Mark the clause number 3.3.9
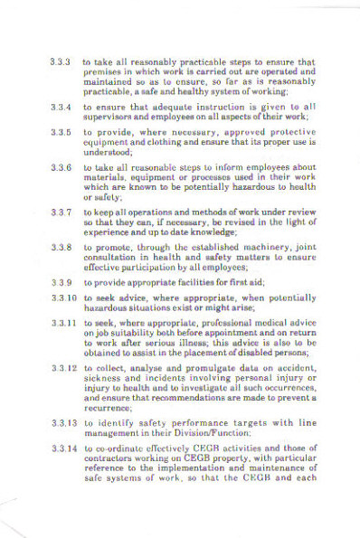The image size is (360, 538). pyautogui.click(x=61, y=282)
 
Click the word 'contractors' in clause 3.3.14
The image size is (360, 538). pyautogui.click(x=109, y=458)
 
